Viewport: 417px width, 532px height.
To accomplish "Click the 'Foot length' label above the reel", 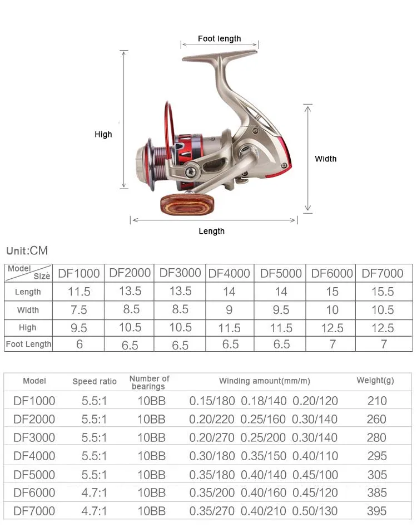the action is [x=220, y=39].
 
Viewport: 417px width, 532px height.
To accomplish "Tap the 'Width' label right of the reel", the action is [x=325, y=159].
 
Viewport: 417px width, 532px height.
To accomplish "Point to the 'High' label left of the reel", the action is [x=103, y=134].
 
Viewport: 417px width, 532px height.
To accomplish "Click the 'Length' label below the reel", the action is [x=211, y=231].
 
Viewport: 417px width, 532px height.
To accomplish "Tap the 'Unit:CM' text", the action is [x=27, y=251].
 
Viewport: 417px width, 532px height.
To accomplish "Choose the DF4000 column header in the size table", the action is [x=229, y=273].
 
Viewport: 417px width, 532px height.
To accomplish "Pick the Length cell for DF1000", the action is [x=79, y=292].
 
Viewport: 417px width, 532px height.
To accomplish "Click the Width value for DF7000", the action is [x=383, y=310].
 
